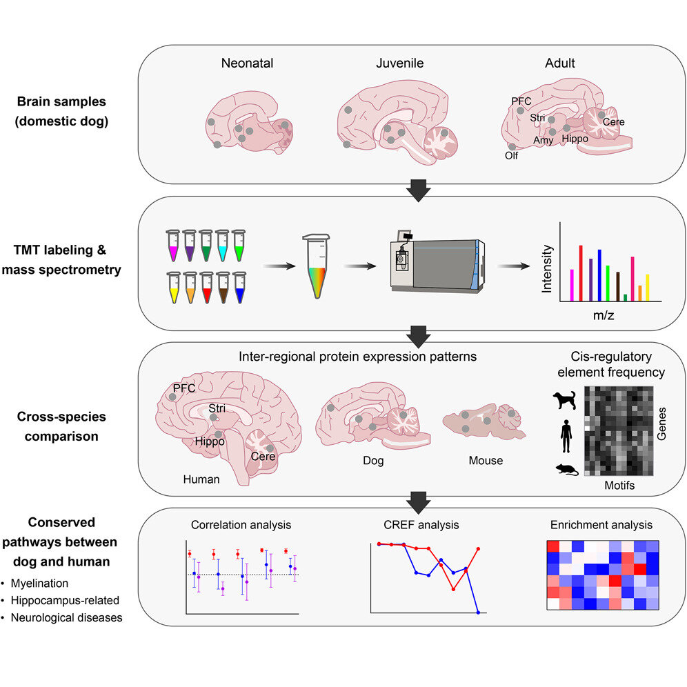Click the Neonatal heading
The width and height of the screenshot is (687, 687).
pyautogui.click(x=248, y=63)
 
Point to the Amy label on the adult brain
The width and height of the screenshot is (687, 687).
pyautogui.click(x=544, y=140)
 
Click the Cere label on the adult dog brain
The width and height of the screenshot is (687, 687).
pyautogui.click(x=613, y=122)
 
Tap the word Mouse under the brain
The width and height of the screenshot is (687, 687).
pyautogui.click(x=486, y=460)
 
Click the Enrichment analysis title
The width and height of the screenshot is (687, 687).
pyautogui.click(x=601, y=525)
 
